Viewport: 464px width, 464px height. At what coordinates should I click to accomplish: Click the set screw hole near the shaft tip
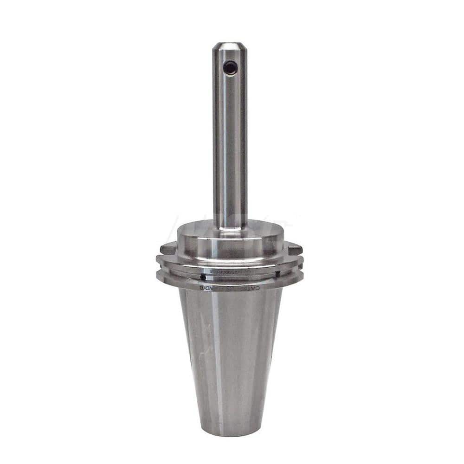coord(230,68)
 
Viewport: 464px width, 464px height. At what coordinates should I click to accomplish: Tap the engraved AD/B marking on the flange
coord(207,288)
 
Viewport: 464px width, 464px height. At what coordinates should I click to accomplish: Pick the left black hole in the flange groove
coord(203,277)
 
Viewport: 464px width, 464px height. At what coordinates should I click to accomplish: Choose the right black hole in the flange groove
coord(277,274)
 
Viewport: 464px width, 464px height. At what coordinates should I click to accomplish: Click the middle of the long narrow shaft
coord(230,139)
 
